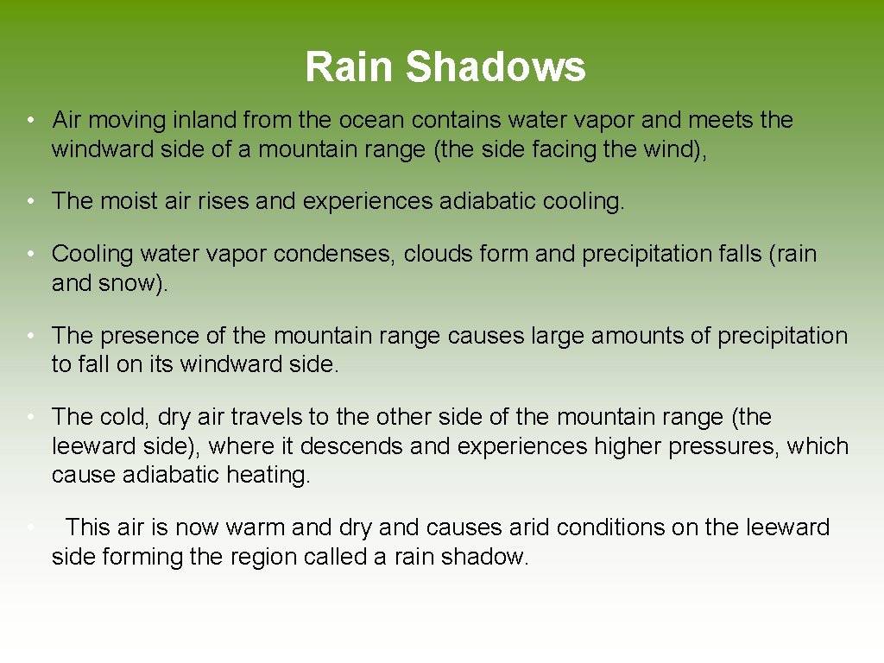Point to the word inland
(205, 120)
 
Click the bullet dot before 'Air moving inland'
(29, 120)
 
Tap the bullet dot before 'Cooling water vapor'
(29, 254)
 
